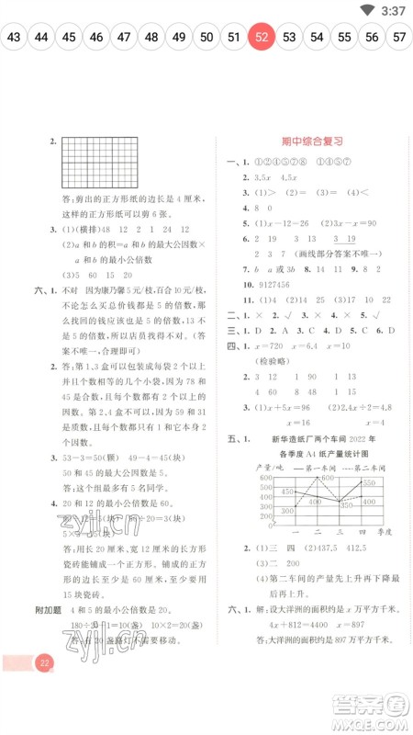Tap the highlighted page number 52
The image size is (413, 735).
click(x=262, y=38)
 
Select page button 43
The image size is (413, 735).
click(x=14, y=38)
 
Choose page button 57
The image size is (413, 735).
click(x=399, y=38)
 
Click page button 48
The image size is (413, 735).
click(x=152, y=38)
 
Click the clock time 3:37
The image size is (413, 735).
click(x=393, y=11)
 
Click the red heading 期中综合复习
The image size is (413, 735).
click(x=311, y=141)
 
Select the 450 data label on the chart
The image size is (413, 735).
click(x=287, y=492)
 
